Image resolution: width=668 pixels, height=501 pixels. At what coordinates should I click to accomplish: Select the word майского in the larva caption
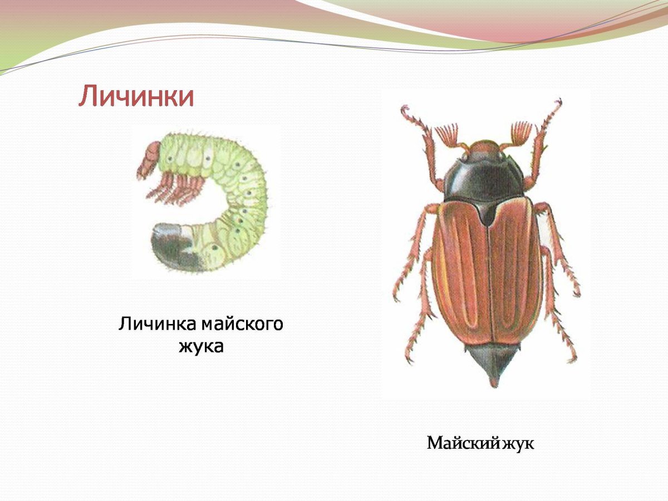242,324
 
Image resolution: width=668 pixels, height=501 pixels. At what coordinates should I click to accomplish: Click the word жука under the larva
201,346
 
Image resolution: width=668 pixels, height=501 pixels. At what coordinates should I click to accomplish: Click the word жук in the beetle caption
518,444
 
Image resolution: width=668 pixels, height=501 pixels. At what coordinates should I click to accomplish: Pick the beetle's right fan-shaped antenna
520,134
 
